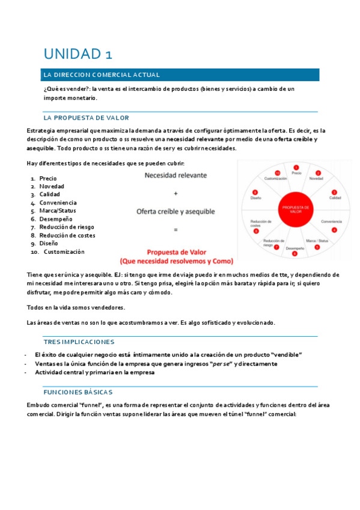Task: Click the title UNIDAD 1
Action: pyautogui.click(x=78, y=54)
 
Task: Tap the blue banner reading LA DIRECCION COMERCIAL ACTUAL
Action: pyautogui.click(x=180, y=75)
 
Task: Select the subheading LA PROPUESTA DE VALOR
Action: pyautogui.click(x=87, y=118)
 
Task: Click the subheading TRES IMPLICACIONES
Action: pyautogui.click(x=79, y=342)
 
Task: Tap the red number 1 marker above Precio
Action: pyautogui.click(x=296, y=167)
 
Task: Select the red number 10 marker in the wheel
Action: pyautogui.click(x=277, y=173)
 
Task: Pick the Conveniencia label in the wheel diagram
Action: pyautogui.click(x=332, y=221)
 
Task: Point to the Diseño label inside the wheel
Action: pyautogui.click(x=256, y=198)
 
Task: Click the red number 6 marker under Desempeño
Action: pyautogui.click(x=294, y=254)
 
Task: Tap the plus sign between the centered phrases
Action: pyautogui.click(x=175, y=194)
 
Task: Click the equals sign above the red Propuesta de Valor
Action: pyautogui.click(x=175, y=229)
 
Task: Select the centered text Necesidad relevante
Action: pyautogui.click(x=175, y=176)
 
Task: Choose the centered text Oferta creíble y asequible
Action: pyautogui.click(x=175, y=211)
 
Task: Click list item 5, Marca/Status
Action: pyautogui.click(x=57, y=211)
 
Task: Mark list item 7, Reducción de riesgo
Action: pyautogui.click(x=66, y=227)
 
